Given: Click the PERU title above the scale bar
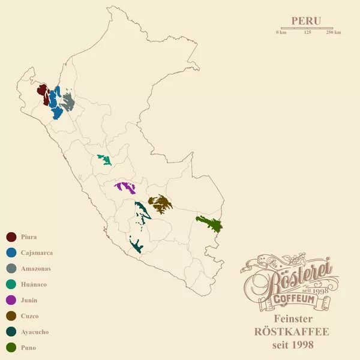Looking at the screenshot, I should click(306, 20).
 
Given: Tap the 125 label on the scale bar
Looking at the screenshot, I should click(308, 32).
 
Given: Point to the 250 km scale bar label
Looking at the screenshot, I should click(334, 32).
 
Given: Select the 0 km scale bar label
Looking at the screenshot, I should click(281, 32).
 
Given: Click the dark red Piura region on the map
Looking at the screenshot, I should click(42, 92).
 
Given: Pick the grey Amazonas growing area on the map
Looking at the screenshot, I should click(67, 103).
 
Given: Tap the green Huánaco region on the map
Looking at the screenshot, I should click(105, 160).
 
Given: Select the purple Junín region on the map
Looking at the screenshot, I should click(126, 187).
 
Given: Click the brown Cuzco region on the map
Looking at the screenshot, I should click(160, 204).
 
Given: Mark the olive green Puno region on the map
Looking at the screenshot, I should click(210, 223).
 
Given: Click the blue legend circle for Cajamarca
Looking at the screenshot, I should click(11, 253).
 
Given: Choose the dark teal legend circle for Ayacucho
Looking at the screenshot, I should click(11, 332).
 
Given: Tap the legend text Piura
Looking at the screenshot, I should click(29, 237).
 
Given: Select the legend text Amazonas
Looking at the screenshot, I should click(35, 268).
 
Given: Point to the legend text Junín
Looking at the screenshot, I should click(29, 300).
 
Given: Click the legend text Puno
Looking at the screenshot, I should click(28, 347).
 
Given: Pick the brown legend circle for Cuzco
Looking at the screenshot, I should click(11, 316).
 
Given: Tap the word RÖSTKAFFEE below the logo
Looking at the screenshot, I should click(293, 332).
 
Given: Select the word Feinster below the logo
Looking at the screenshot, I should click(293, 319).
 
